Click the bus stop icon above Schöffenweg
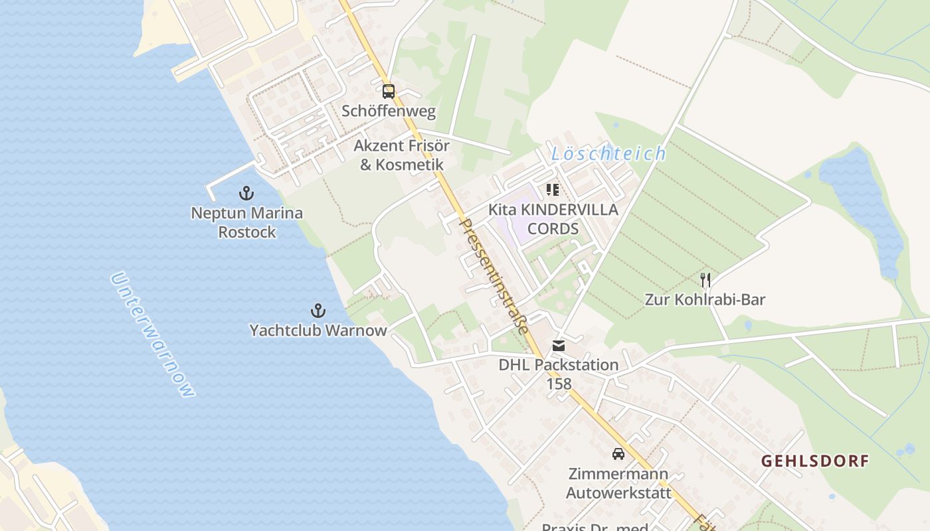click(x=389, y=92)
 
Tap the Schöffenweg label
click(x=389, y=111)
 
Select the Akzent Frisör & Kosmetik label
click(x=401, y=155)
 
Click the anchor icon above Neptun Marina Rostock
click(x=246, y=194)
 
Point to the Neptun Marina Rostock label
click(x=246, y=222)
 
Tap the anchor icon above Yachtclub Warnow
click(x=318, y=311)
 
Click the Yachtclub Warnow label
click(x=318, y=330)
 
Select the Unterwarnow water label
click(x=153, y=335)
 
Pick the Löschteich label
click(x=608, y=154)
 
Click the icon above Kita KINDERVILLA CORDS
click(x=553, y=190)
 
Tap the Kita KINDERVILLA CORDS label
click(x=553, y=219)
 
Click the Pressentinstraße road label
click(x=494, y=276)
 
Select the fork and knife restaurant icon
click(x=705, y=280)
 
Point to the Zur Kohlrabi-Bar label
click(x=705, y=299)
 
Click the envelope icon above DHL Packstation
click(x=559, y=346)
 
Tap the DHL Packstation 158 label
click(x=559, y=374)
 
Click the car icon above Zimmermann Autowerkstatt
click(x=618, y=455)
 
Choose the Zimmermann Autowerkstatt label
click(x=617, y=483)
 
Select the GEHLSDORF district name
click(x=814, y=461)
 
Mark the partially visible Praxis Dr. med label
click(x=595, y=526)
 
